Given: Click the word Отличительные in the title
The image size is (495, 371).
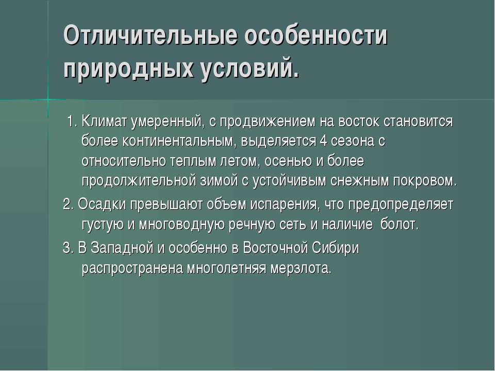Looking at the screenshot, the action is tap(151, 35).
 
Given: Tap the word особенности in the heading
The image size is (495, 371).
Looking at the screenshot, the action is tap(316, 35).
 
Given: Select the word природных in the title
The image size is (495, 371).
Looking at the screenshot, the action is tap(128, 69).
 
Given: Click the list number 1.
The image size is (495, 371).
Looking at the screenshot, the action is tap(72, 121).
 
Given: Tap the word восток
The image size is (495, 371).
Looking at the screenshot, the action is tap(359, 122).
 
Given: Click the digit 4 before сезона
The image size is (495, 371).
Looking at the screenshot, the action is tap(323, 141).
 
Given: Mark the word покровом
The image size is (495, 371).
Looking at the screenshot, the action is tap(425, 181).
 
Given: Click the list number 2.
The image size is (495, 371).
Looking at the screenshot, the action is tap(68, 205).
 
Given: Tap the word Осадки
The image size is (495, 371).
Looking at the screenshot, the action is tap(102, 205).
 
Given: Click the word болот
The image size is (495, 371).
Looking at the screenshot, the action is tap(399, 224).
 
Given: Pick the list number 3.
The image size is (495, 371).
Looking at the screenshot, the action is tap(68, 248).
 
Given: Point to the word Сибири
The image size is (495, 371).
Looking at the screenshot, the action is tap(335, 248).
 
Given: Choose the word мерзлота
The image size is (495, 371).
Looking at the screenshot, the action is tap(301, 268).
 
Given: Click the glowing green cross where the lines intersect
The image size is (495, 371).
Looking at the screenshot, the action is tap(48, 100).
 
